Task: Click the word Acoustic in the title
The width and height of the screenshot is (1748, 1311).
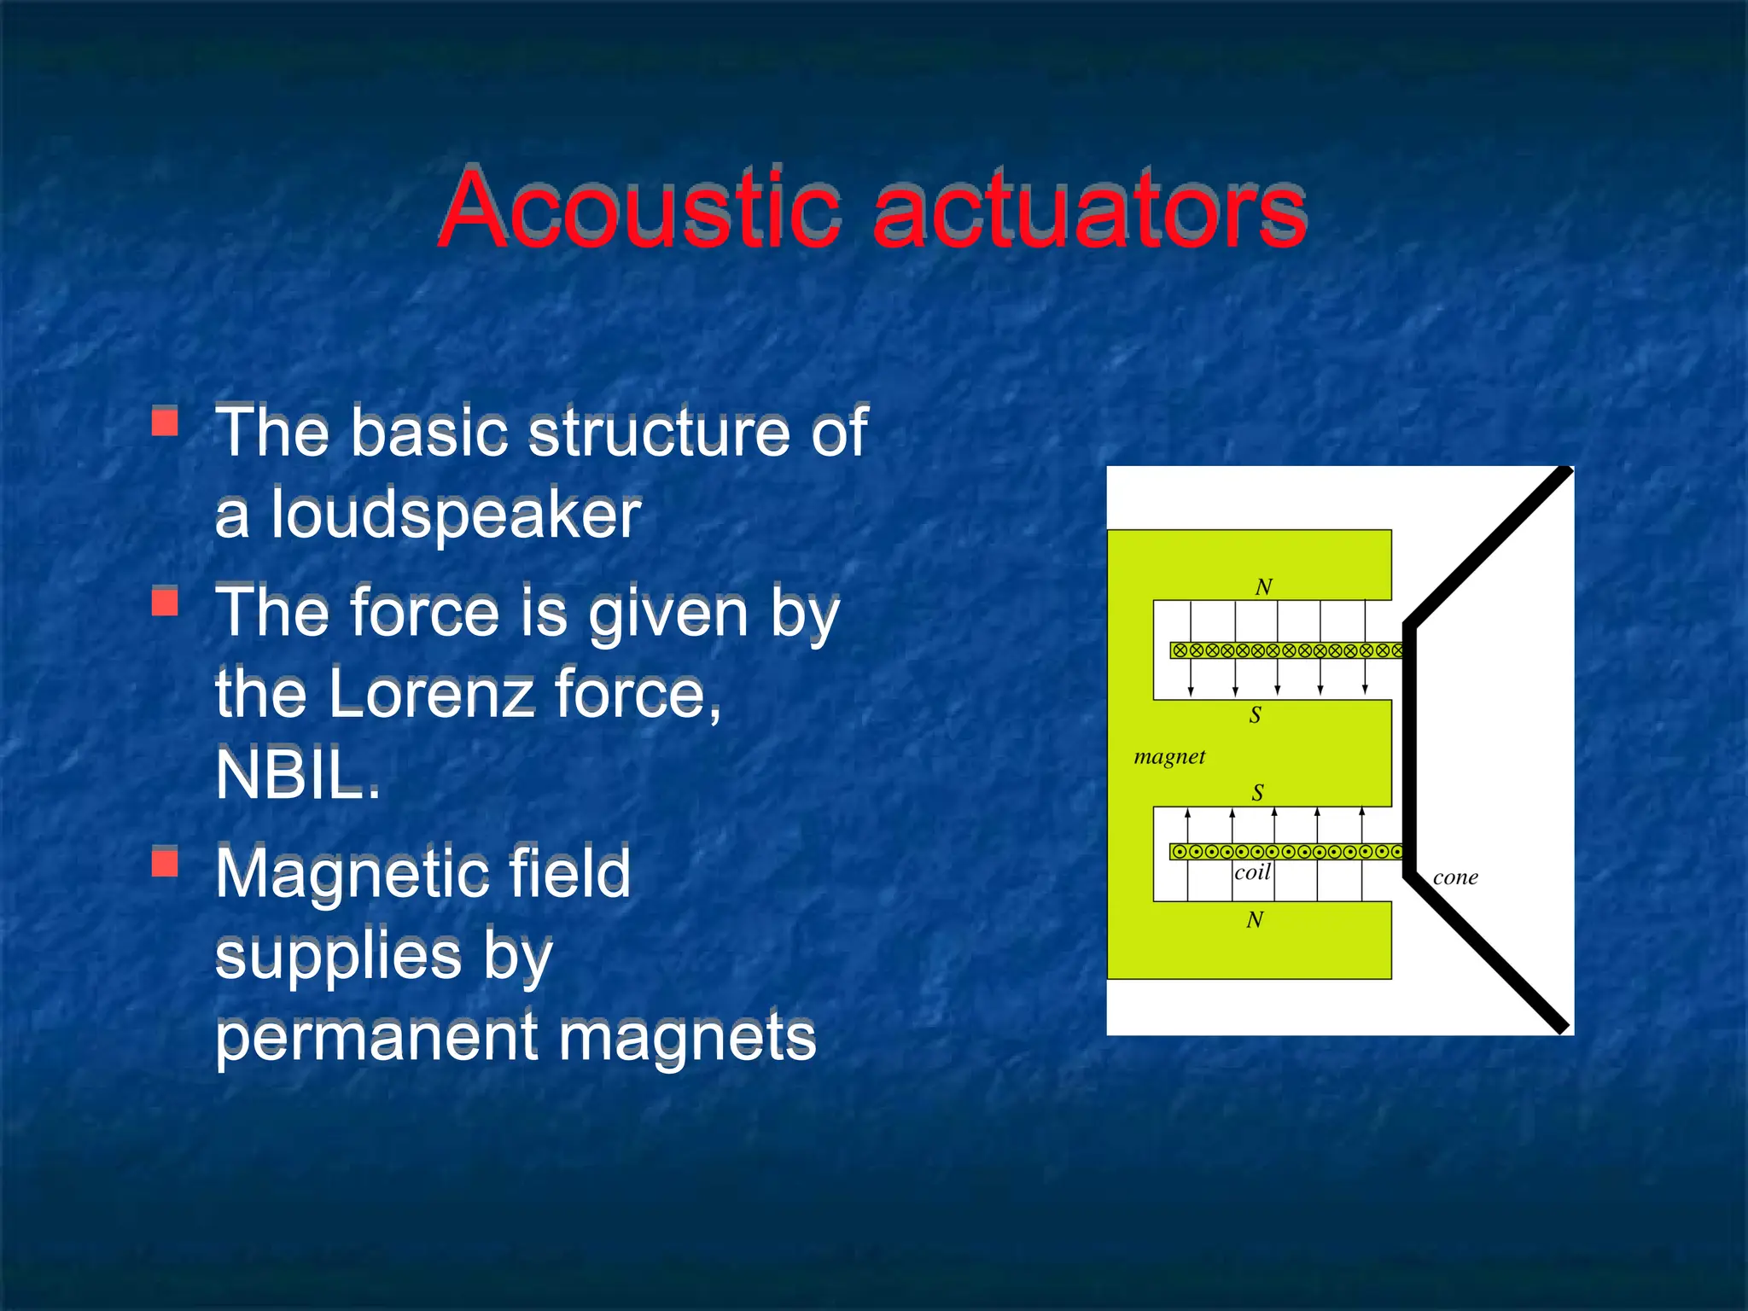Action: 640,209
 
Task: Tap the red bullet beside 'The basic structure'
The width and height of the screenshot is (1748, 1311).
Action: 165,422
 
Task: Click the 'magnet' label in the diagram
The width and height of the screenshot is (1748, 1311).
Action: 1169,757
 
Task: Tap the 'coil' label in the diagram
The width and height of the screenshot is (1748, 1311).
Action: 1252,872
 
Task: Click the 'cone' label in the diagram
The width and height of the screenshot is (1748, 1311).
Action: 1455,877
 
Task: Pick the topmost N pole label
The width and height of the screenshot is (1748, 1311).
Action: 1263,587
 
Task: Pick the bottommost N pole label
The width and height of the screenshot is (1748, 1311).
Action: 1255,920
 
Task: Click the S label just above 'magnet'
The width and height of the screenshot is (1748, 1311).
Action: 1255,715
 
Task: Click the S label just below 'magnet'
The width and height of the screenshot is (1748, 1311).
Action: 1257,793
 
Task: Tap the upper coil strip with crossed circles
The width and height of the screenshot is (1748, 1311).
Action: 1285,650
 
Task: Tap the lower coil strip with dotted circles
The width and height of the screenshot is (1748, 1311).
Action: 1285,851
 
